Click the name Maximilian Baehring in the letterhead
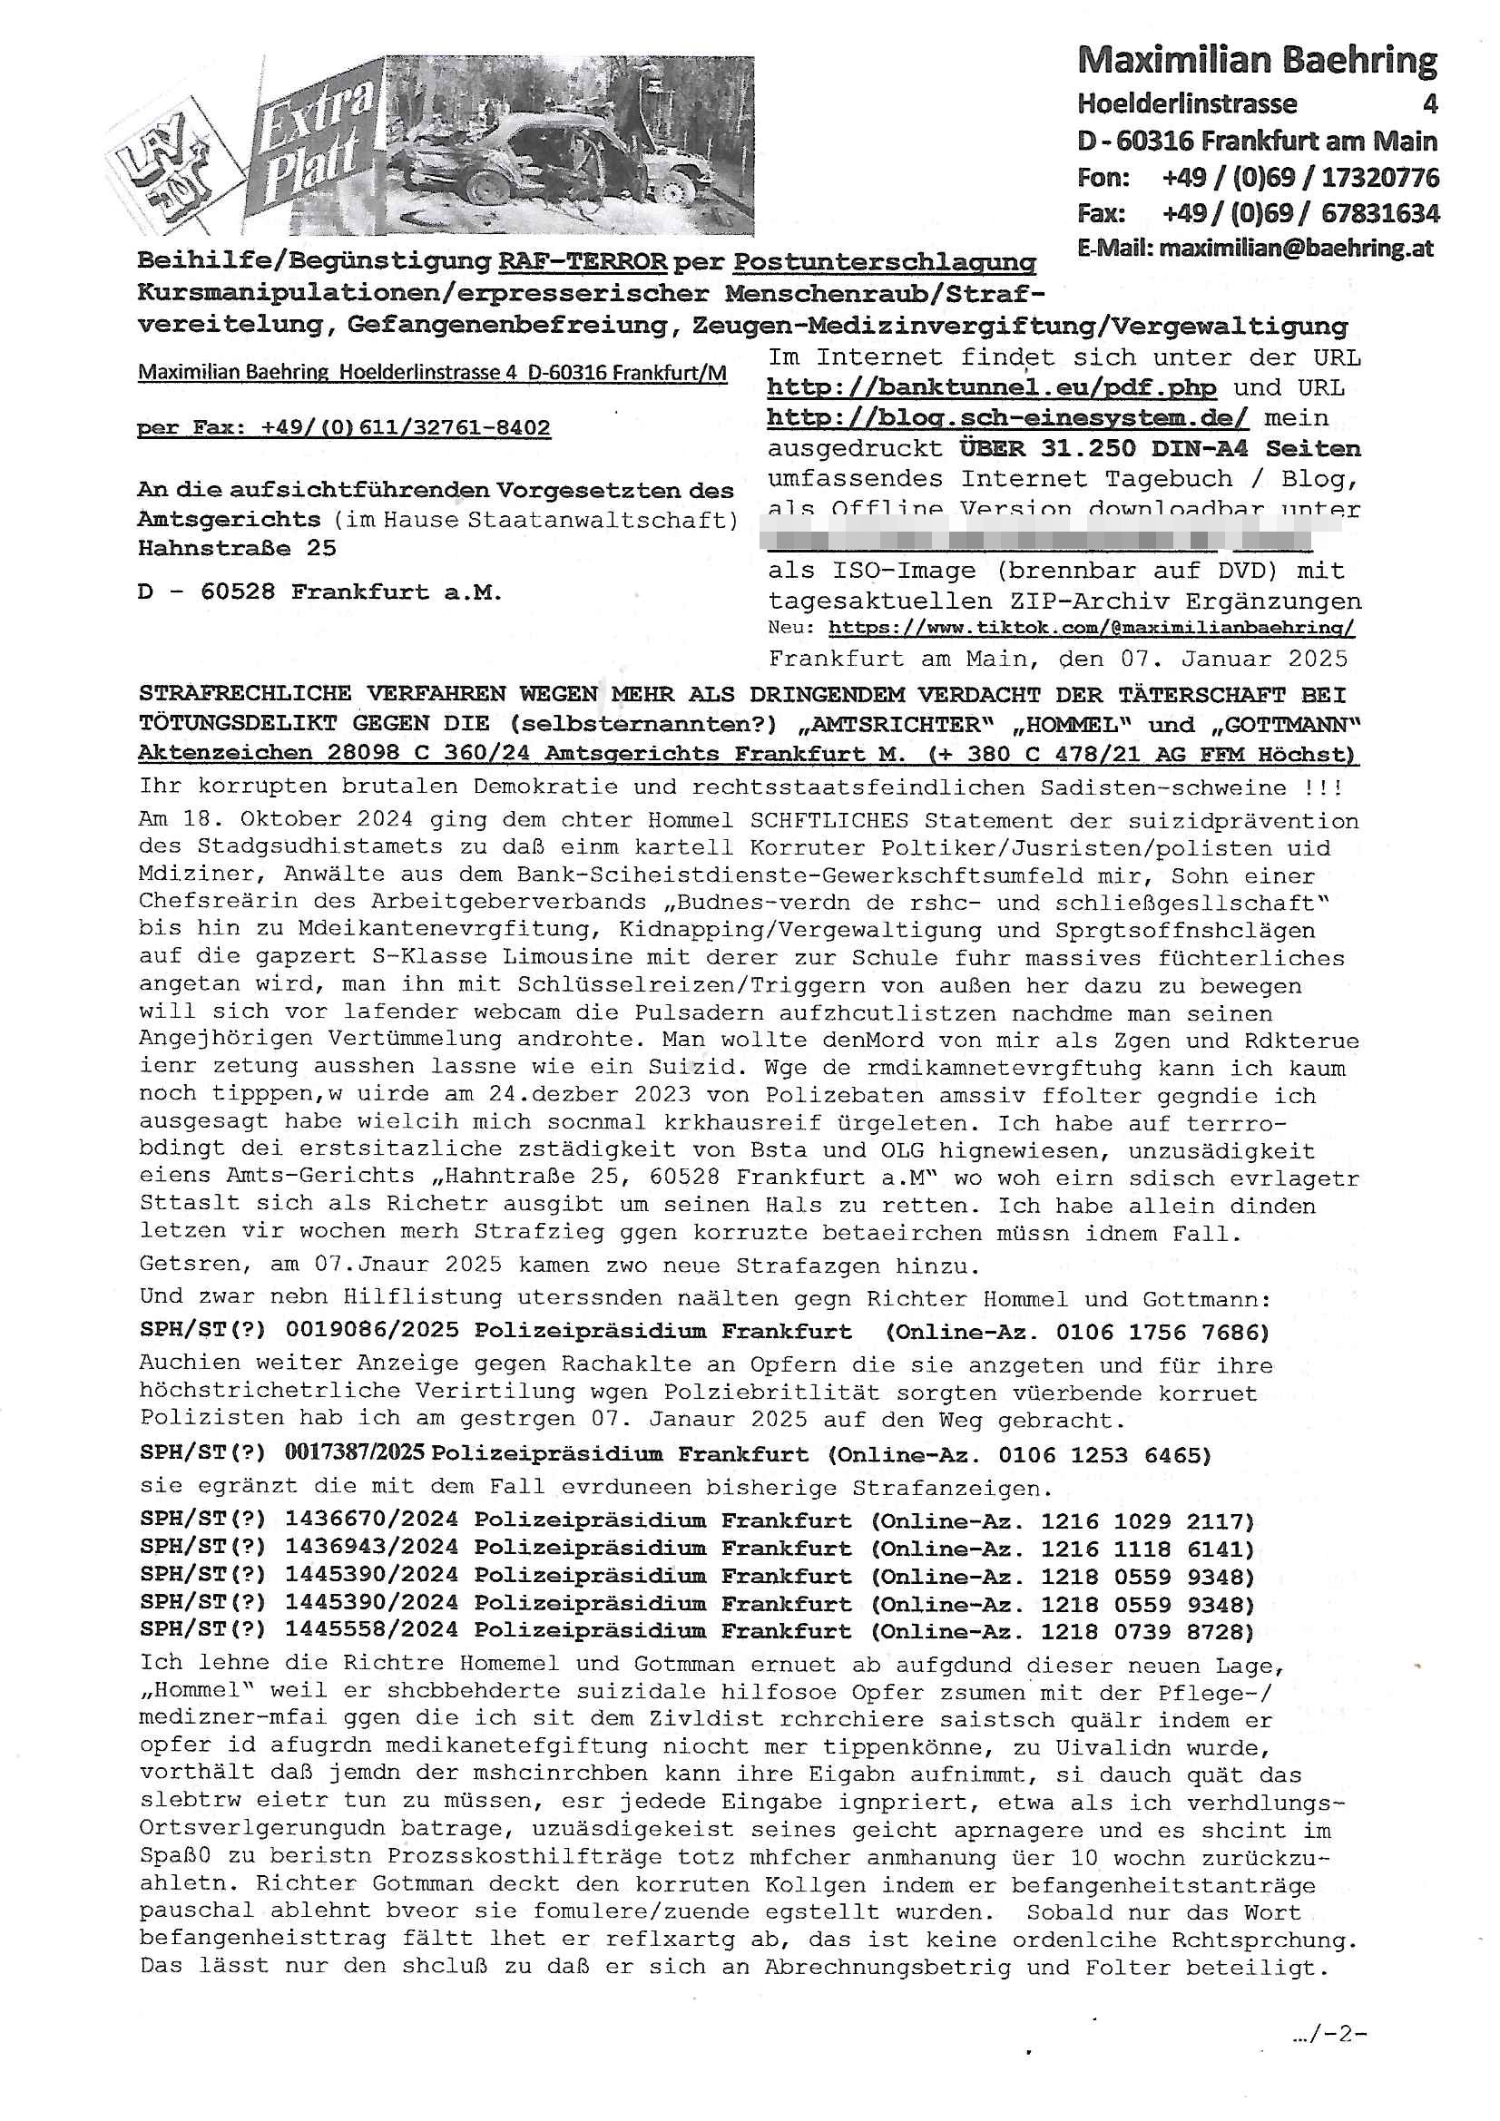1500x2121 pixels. tap(1257, 61)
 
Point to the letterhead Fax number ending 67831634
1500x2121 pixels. tap(1300, 213)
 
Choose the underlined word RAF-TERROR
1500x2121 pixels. tap(583, 261)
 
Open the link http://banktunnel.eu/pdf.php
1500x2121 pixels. tap(991, 387)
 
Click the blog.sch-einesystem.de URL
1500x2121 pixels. tap(1007, 417)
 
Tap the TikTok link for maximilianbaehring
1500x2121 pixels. tap(1091, 628)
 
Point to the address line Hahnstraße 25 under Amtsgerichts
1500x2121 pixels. tap(237, 548)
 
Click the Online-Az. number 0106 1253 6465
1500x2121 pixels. tap(1104, 1455)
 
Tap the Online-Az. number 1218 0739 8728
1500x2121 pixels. tap(1147, 1631)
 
